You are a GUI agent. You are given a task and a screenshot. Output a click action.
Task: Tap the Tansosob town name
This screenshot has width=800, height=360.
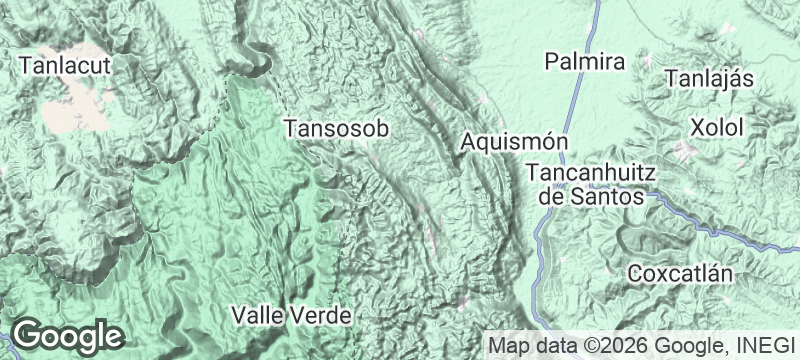coord(335,129)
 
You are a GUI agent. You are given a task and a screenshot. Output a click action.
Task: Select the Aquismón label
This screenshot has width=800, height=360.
coord(515,143)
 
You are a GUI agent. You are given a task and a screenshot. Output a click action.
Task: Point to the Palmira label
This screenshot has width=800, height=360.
coord(585,62)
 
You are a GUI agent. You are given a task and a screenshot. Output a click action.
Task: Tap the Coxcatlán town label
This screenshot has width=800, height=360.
coord(682,273)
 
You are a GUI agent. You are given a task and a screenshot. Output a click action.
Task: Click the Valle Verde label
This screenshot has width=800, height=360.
coord(291,315)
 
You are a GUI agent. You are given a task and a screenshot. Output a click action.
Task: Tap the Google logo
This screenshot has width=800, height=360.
coord(67,335)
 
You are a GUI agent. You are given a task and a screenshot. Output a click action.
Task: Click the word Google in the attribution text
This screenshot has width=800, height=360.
coord(691,346)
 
